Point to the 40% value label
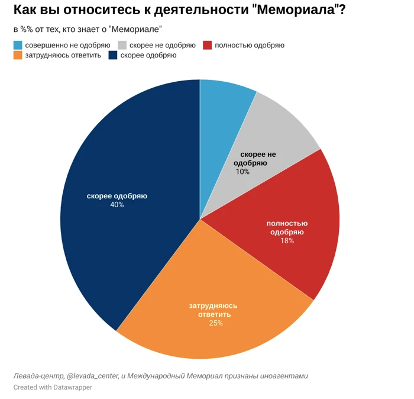coord(117,205)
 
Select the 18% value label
coord(287,241)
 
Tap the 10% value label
coord(242,172)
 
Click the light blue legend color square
coord(18,45)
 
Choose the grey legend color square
coord(122,45)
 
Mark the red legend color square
coord(207,45)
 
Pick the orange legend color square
coord(18,55)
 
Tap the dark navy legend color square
coord(112,55)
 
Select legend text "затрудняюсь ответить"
coord(63,55)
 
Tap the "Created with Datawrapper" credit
coord(53,387)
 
